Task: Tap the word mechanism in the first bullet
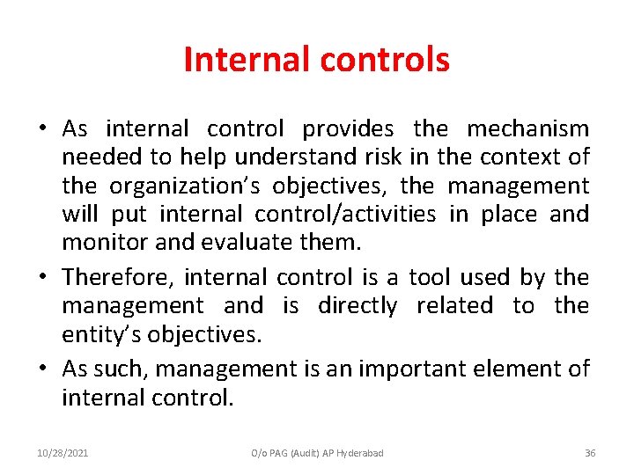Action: coord(527,129)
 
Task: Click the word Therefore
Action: coord(119,278)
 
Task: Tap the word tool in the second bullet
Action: coord(430,278)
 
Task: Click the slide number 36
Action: coord(590,453)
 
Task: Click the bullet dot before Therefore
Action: coord(43,279)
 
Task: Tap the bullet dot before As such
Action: coord(43,369)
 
